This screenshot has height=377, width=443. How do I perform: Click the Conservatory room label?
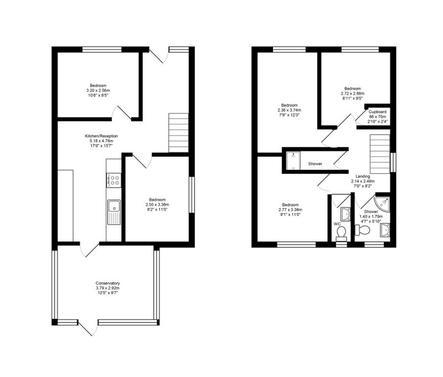[107, 283]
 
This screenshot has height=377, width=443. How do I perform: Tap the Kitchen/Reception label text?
[101, 136]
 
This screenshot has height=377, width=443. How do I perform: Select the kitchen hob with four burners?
[114, 180]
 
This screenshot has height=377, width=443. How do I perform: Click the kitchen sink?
[114, 213]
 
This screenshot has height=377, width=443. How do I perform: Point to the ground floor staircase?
[178, 133]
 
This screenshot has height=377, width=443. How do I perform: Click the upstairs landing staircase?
[380, 154]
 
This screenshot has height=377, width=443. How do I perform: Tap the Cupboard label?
[378, 112]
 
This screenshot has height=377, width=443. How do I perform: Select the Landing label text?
[363, 176]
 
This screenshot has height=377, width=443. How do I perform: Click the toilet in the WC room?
[341, 234]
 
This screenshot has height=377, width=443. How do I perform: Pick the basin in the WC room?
[346, 214]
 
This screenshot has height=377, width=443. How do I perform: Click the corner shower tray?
[382, 204]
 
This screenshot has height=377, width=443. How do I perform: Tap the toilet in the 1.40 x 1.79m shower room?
[362, 230]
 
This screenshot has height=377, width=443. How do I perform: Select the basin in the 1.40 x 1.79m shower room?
[385, 230]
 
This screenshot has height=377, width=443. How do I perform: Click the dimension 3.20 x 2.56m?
[98, 90]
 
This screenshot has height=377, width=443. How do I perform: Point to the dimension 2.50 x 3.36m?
[157, 205]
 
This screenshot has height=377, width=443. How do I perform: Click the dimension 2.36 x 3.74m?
[289, 110]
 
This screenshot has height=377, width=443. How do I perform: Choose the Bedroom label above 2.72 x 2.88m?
[353, 89]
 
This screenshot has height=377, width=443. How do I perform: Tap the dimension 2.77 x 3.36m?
[290, 210]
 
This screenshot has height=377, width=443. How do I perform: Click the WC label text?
[337, 224]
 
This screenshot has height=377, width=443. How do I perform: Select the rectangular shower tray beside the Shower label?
[293, 161]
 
